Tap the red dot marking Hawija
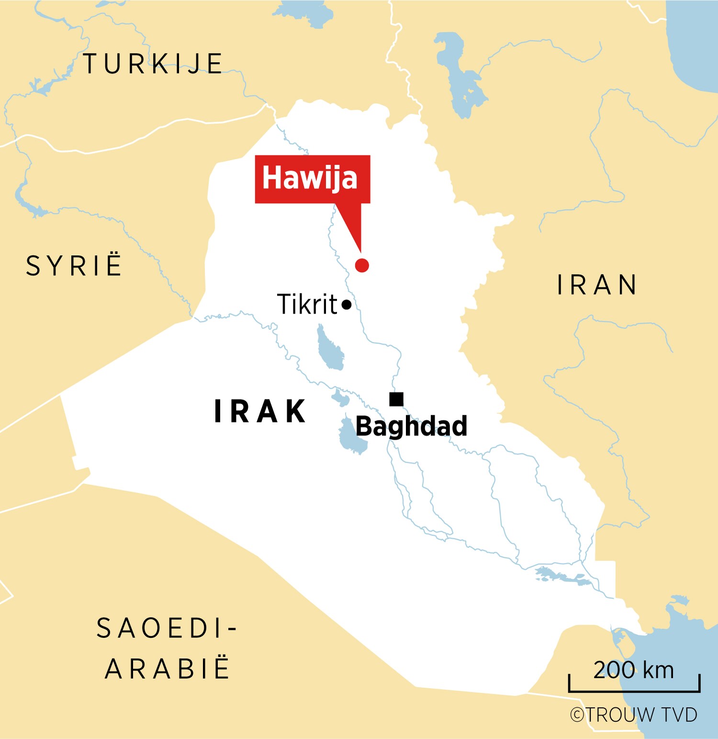(362, 265)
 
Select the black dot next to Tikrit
(347, 305)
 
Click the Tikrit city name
(307, 305)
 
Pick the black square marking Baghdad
(396, 399)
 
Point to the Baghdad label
(411, 426)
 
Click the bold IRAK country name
(260, 411)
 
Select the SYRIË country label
(74, 266)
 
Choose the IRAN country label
(597, 285)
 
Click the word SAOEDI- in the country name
(167, 628)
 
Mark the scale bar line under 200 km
(634, 691)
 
